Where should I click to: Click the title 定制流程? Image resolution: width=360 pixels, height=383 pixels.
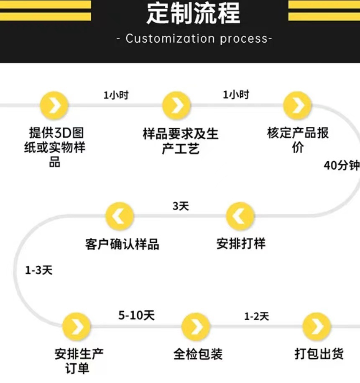(193, 13)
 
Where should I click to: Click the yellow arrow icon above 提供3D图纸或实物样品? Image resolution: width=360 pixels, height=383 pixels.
(54, 105)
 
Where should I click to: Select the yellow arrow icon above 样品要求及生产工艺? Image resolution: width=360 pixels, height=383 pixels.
(176, 106)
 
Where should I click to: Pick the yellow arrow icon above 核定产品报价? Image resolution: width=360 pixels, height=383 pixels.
(297, 105)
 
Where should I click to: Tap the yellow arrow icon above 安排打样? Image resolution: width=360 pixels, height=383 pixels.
(240, 216)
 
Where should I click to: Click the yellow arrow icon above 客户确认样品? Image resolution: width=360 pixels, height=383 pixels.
(120, 216)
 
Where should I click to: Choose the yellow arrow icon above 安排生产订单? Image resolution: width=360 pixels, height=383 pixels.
(77, 326)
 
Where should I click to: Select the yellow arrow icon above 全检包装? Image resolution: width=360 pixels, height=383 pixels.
(197, 326)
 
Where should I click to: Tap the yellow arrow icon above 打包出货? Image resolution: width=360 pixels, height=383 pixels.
(317, 326)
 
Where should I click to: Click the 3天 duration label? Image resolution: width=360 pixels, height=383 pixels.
(181, 206)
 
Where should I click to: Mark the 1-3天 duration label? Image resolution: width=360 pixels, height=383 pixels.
(39, 270)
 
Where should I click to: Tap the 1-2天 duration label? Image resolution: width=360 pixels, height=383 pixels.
(256, 316)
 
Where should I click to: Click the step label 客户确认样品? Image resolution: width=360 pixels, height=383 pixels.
(122, 244)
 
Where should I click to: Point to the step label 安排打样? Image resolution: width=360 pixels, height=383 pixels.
(241, 243)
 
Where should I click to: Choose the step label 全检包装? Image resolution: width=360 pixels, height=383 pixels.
(198, 355)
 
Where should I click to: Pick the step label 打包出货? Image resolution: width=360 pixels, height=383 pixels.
(319, 354)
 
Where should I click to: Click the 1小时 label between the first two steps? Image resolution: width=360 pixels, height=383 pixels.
(116, 95)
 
